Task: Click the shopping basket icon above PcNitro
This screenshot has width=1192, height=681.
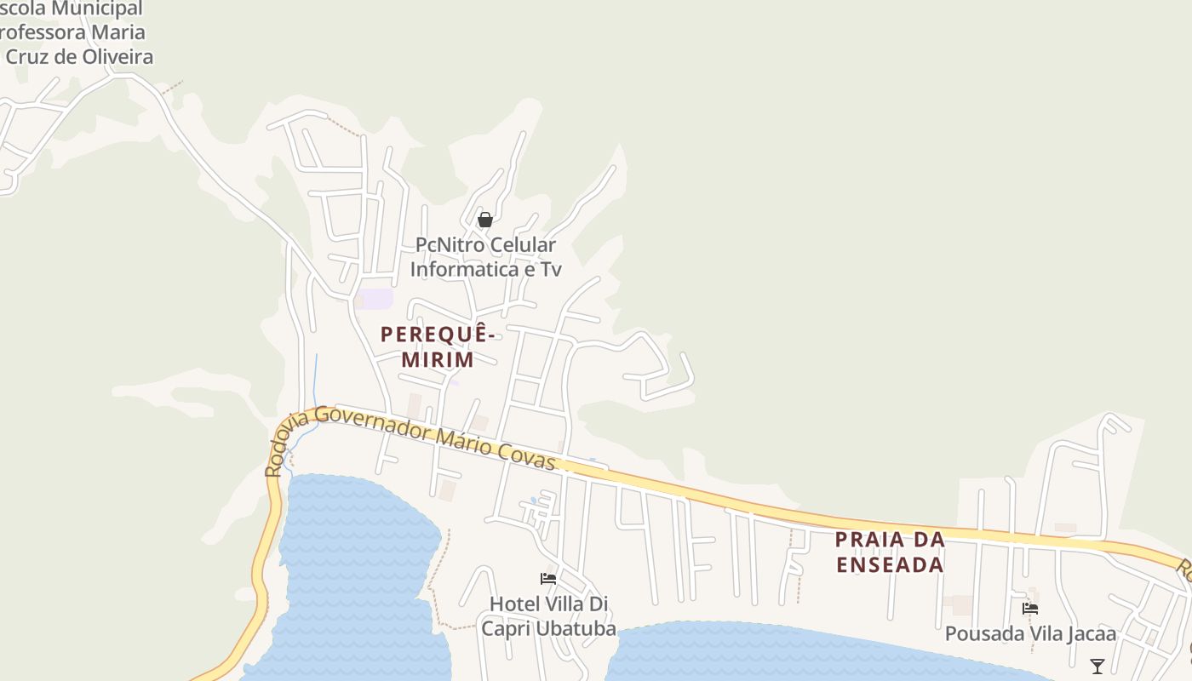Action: [485, 220]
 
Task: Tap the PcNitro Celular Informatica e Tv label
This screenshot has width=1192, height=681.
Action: [485, 257]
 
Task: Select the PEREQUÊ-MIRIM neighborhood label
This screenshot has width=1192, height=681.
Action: [438, 346]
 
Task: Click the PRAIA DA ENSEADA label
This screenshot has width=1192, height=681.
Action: [890, 552]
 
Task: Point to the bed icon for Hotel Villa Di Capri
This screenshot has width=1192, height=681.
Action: [548, 579]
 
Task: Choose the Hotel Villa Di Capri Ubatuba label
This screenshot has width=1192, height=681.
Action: [548, 616]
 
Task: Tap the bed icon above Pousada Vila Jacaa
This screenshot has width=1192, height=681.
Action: [1030, 609]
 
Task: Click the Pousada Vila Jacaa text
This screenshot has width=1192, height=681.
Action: [1030, 634]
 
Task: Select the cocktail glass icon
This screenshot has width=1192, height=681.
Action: [1097, 666]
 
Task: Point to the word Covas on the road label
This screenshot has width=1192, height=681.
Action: [533, 456]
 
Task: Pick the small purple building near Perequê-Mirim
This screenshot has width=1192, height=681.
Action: [374, 299]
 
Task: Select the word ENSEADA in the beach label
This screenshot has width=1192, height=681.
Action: [890, 564]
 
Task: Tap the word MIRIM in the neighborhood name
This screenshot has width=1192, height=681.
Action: [438, 359]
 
